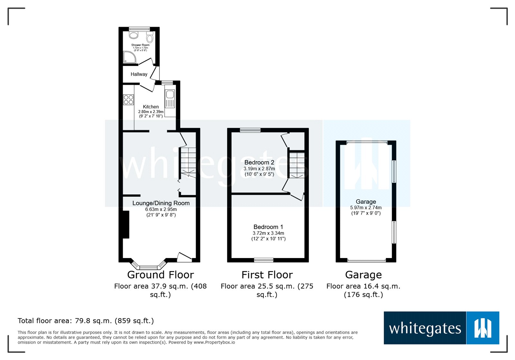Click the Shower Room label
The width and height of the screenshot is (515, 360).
coord(140,45)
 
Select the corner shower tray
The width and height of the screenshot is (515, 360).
coord(129,58)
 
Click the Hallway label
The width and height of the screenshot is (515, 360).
coord(139,74)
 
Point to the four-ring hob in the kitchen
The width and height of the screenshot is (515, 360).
coord(128,100)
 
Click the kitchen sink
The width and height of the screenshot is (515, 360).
coord(170,95)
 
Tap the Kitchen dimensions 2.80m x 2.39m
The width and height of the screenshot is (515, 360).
coord(151,112)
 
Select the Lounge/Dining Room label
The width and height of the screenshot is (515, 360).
coord(161,203)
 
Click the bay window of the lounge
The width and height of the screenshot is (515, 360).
coord(148,266)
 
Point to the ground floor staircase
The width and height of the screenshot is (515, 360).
coord(188,162)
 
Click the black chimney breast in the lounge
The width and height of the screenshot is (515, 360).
coord(126,225)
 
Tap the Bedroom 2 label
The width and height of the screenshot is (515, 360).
coord(259,162)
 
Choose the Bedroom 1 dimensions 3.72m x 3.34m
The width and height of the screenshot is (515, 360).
coord(268,233)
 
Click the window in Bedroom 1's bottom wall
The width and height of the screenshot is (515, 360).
coord(264,260)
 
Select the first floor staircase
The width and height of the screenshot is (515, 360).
coord(296,165)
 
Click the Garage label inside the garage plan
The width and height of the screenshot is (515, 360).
coord(366,202)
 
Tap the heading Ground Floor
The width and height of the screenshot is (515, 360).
coord(160,275)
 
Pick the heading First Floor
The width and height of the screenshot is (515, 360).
coord(267,275)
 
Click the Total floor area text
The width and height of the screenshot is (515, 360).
coord(86,321)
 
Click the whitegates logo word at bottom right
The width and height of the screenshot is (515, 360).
coord(425,328)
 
